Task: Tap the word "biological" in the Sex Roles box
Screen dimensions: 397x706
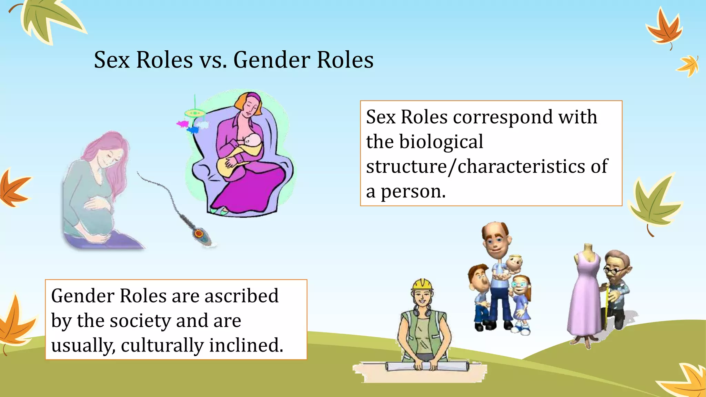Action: coord(441,142)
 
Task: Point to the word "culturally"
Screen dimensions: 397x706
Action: coord(162,345)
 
